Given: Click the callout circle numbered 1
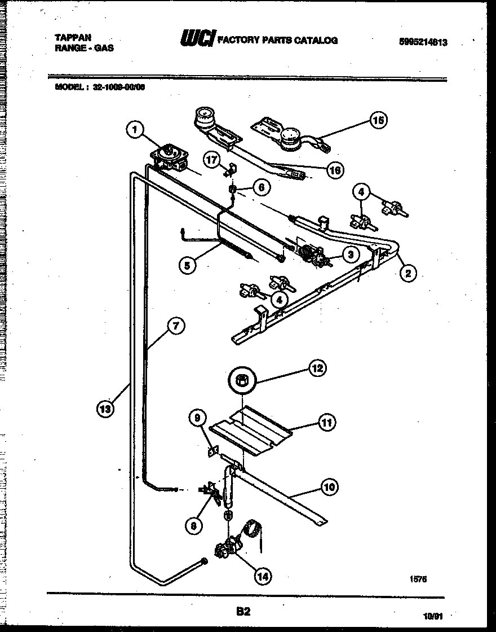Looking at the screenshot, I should (134, 131).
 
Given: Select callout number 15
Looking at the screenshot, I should (378, 120).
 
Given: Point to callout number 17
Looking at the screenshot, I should (211, 161).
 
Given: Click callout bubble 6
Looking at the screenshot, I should (262, 187).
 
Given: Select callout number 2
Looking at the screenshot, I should (408, 274).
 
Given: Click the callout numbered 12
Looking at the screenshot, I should (318, 368).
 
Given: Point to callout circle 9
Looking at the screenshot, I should (197, 418).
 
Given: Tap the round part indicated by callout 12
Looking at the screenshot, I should (242, 381).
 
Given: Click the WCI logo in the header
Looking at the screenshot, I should (197, 39).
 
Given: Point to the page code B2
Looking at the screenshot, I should (243, 611).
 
